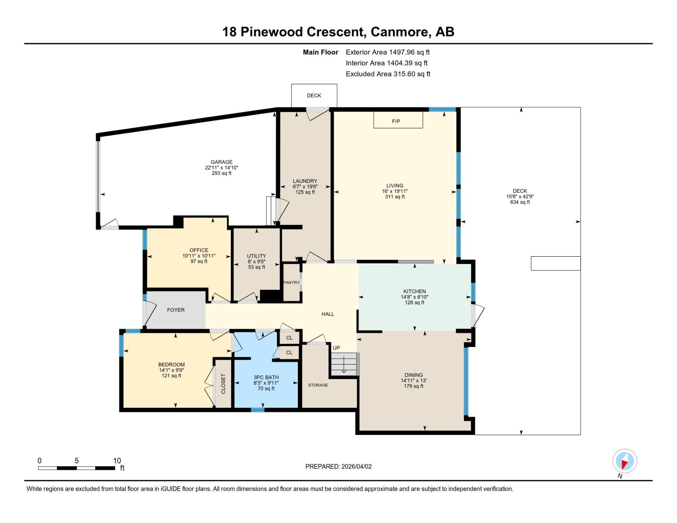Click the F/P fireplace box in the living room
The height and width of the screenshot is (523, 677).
398,120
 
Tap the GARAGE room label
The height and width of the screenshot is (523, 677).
222,162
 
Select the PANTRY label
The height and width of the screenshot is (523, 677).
291,282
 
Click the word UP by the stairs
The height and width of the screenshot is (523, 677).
336,348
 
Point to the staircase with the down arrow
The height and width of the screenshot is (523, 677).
345,364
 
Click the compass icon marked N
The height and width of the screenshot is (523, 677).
625,461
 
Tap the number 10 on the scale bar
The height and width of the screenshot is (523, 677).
117,461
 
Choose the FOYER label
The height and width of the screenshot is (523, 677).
176,310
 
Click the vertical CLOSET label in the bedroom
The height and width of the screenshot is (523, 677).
223,384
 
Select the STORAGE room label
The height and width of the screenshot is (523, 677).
318,385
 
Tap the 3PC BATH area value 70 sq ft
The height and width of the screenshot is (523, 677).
266,389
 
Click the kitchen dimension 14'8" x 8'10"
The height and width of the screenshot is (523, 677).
415,297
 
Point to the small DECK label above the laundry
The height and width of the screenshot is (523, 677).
314,95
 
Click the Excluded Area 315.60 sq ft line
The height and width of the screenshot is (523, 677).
388,74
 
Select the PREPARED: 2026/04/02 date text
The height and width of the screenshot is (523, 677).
338,466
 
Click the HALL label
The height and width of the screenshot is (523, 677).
328,314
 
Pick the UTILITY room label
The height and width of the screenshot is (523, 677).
257,256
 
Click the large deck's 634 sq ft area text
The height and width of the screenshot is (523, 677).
520,202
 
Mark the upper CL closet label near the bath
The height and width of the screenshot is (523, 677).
289,338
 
